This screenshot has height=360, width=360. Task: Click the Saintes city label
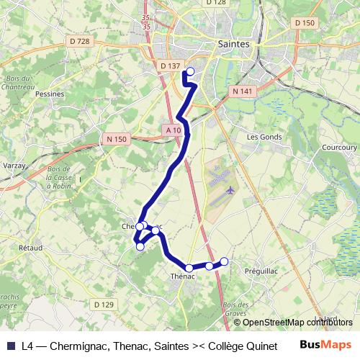(x=233, y=44)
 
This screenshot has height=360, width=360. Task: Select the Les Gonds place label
(x=262, y=135)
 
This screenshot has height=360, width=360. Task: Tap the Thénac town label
(x=184, y=276)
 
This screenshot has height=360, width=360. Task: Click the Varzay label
(x=14, y=165)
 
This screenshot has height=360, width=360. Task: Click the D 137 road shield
(x=171, y=66)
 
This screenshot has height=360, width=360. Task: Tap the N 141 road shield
(x=243, y=91)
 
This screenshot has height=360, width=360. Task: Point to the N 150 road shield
(x=116, y=139)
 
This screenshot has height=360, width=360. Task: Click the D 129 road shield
(x=104, y=305)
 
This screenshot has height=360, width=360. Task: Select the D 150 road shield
(x=305, y=23)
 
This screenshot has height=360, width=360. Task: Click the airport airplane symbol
(x=230, y=190)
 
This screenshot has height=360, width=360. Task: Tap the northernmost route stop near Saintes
(x=191, y=71)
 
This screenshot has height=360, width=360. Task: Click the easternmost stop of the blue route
(x=224, y=261)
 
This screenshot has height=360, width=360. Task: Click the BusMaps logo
(x=325, y=343)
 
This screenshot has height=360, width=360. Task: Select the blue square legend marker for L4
(x=10, y=345)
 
